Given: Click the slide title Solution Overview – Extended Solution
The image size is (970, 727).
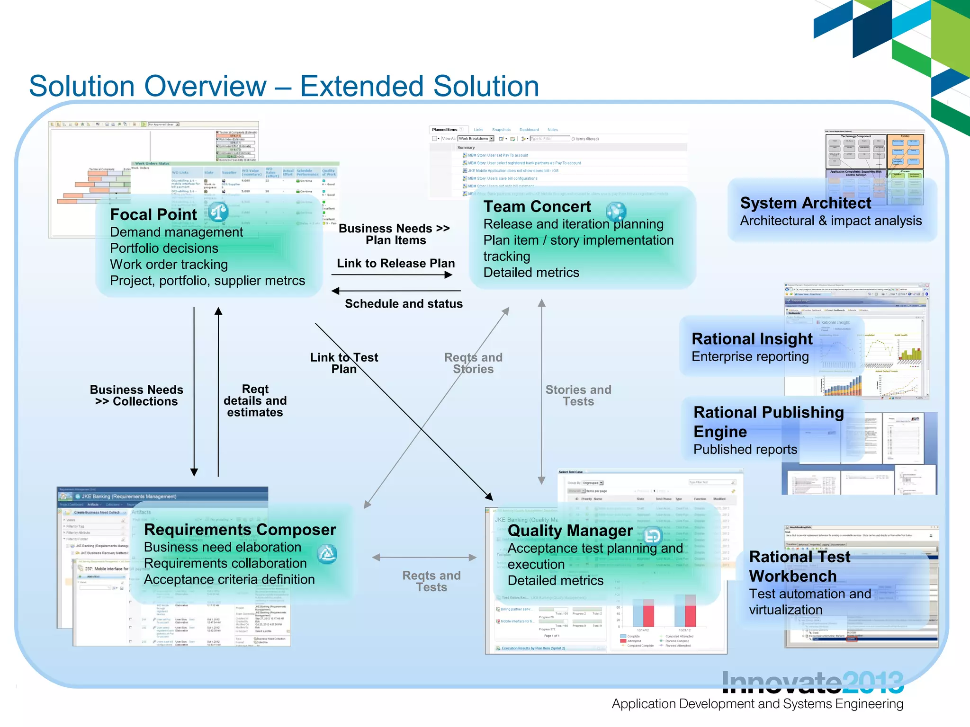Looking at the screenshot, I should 284,86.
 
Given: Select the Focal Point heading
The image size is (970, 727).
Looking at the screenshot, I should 153,214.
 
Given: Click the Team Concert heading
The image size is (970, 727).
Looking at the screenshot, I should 537,206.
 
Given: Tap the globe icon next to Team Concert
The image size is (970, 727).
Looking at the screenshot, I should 616,212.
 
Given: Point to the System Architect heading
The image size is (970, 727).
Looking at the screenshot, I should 805,203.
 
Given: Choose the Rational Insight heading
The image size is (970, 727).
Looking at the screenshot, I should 752,339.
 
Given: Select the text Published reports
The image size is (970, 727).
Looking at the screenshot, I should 745,449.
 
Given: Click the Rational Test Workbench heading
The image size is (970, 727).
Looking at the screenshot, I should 799,566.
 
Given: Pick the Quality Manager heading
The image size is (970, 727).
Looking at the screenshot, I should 570,531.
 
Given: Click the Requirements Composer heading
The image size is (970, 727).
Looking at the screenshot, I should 240,530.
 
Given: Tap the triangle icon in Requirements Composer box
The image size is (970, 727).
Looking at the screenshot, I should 327,554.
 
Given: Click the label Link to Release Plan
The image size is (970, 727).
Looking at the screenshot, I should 395,263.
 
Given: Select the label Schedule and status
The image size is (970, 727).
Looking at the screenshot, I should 404,304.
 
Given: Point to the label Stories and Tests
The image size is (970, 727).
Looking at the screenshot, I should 578,395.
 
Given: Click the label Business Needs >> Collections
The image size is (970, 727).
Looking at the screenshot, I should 136,395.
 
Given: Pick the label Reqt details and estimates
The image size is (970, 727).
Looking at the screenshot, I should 255,400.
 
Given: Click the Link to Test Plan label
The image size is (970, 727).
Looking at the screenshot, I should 344,363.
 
